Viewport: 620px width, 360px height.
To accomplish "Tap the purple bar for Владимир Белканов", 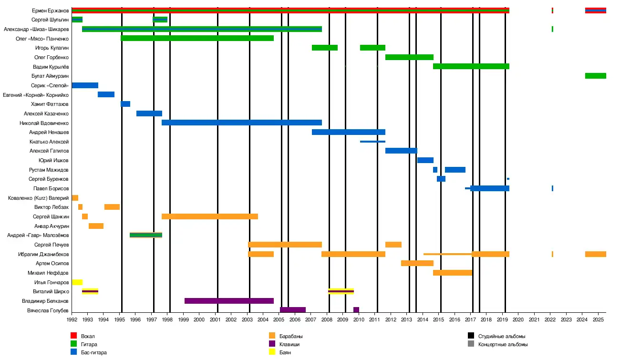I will (x=229, y=301).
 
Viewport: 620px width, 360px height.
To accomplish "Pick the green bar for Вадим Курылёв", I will (x=471, y=66).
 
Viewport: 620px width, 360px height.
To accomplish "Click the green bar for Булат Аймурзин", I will (x=595, y=76).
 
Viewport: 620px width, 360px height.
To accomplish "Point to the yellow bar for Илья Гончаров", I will (x=77, y=282).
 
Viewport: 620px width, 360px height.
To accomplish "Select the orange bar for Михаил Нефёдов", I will (x=452, y=273).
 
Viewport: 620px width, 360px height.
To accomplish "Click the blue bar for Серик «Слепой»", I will (x=85, y=85).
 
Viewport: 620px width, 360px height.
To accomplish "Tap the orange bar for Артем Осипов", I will (x=417, y=263).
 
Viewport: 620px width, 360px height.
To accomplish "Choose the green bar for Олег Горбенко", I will (x=409, y=57).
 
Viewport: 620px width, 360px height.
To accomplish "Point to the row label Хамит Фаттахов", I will (x=50, y=104).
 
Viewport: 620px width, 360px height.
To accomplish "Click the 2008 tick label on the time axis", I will (x=327, y=319).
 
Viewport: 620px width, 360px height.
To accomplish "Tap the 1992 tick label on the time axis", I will (x=72, y=319).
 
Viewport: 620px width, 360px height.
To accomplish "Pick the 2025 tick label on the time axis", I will (x=598, y=319).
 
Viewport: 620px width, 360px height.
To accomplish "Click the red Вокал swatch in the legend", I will (x=73, y=336).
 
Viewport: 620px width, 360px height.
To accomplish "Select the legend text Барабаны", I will (x=291, y=336).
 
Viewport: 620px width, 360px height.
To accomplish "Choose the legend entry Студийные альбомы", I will (x=502, y=336).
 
